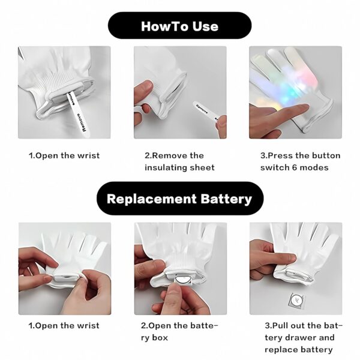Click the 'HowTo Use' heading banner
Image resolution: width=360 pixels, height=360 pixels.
(179, 26)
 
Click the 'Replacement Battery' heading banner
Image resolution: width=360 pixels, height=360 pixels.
(179, 199)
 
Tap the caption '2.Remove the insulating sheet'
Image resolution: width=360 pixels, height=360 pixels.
(179, 161)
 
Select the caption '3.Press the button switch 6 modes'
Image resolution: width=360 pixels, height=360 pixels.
(299, 161)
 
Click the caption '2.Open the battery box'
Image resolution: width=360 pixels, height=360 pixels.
(179, 332)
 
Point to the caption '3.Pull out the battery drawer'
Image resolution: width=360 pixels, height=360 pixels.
(304, 332)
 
